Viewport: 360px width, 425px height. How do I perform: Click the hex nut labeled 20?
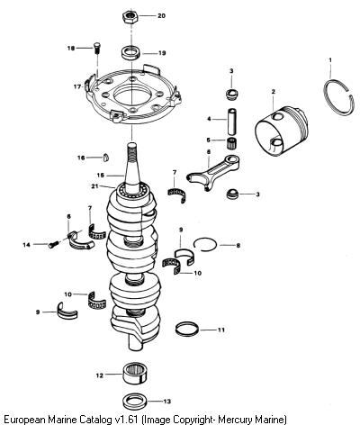[130, 17]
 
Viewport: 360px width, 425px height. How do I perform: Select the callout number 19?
[162, 53]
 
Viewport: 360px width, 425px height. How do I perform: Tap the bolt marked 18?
[96, 48]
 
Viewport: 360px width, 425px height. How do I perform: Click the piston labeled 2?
[281, 130]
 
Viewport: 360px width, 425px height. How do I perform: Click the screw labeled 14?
[53, 245]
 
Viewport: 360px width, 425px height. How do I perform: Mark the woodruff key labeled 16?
[105, 158]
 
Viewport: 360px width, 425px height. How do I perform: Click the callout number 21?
[94, 186]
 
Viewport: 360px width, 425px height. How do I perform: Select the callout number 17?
[77, 86]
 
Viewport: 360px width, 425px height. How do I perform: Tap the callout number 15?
[101, 176]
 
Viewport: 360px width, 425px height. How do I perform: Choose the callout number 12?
[100, 375]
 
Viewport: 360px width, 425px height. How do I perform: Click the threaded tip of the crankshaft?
[131, 150]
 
